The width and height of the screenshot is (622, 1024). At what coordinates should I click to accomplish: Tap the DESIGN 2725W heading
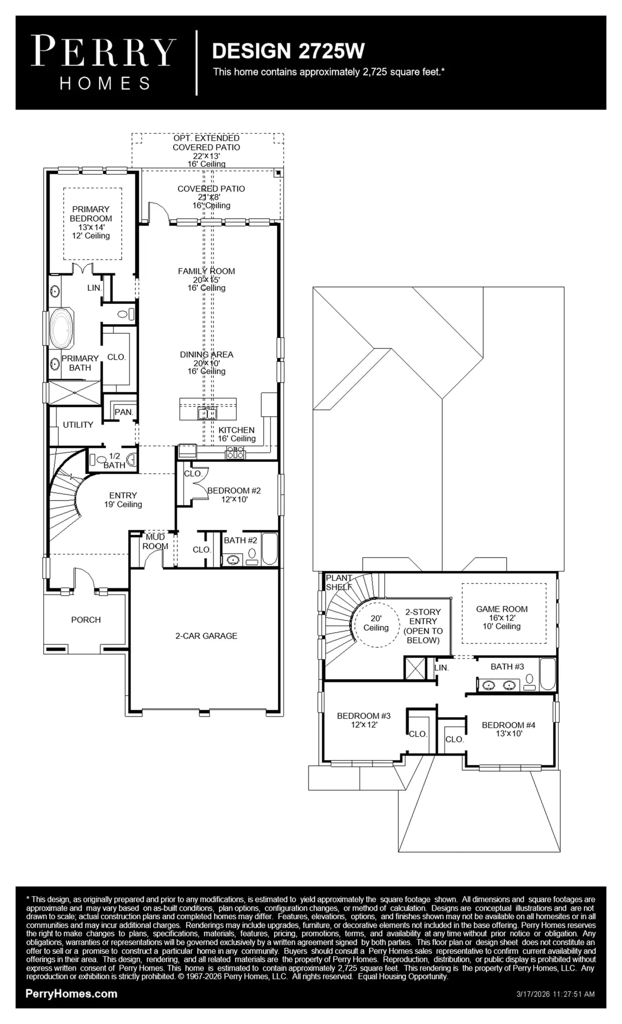(x=288, y=51)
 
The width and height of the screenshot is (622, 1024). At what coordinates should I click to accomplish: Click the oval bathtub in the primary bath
(x=61, y=328)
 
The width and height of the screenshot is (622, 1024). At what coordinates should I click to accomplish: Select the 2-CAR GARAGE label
(x=206, y=636)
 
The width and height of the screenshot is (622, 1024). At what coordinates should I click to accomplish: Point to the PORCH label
(x=86, y=620)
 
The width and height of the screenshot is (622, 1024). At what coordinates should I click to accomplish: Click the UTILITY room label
(x=78, y=425)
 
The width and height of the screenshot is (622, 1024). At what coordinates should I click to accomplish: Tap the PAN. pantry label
(x=124, y=412)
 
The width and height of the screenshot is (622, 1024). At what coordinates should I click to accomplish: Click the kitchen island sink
(x=207, y=413)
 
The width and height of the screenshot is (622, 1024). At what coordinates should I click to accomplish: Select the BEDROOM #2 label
(x=234, y=491)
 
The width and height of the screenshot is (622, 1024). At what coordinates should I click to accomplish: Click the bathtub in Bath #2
(x=270, y=549)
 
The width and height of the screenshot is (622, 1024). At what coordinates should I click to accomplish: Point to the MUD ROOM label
(x=155, y=542)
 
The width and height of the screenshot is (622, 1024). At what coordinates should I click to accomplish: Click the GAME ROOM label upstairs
(x=502, y=609)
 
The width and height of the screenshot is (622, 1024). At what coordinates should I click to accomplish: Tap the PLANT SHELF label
(x=339, y=583)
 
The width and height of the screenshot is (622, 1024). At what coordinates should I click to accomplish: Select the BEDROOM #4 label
(x=509, y=725)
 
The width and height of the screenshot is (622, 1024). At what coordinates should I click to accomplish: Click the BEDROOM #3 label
(x=364, y=716)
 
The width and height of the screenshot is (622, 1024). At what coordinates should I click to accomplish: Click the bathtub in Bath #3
(x=547, y=674)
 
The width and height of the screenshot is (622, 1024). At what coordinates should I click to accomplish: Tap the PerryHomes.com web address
(x=71, y=994)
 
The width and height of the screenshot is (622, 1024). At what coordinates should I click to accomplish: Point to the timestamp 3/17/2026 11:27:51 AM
(x=556, y=994)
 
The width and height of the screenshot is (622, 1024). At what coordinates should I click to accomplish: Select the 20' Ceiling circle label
(x=376, y=623)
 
